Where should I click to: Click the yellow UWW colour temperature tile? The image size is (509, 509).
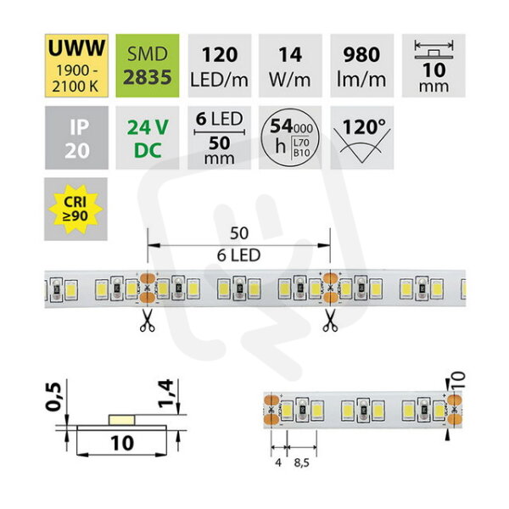pyautogui.click(x=76, y=65)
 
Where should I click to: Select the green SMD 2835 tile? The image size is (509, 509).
pyautogui.click(x=148, y=65)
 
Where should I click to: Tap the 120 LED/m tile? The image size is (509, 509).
pyautogui.click(x=220, y=65)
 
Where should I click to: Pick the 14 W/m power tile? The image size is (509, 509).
pyautogui.click(x=290, y=65)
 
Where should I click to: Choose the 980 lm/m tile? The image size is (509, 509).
pyautogui.click(x=362, y=65)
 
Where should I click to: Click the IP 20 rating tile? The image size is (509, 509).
pyautogui.click(x=76, y=137)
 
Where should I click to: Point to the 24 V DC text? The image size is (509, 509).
pyautogui.click(x=148, y=138)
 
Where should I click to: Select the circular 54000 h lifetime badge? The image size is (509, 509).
pyautogui.click(x=290, y=137)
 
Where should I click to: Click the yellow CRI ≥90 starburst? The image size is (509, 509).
pyautogui.click(x=76, y=209)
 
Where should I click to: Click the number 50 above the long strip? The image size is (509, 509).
pyautogui.click(x=239, y=233)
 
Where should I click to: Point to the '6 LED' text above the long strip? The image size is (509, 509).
pyautogui.click(x=239, y=255)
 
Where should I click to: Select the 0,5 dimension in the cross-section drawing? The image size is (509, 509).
pyautogui.click(x=53, y=397)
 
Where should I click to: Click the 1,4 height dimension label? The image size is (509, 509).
pyautogui.click(x=165, y=394)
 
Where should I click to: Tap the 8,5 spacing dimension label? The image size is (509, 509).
pyautogui.click(x=301, y=463)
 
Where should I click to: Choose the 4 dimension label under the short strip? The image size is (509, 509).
pyautogui.click(x=278, y=462)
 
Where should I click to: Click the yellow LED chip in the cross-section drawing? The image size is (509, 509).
pyautogui.click(x=121, y=420)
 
